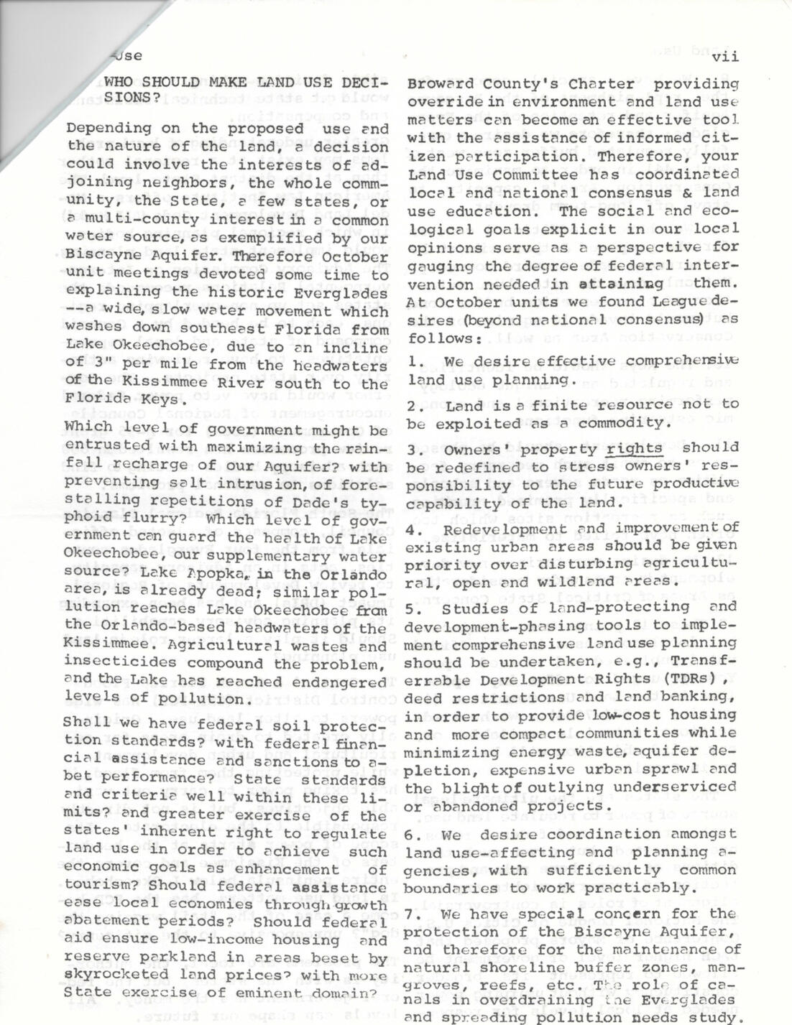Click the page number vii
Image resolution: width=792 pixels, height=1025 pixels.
coord(726,55)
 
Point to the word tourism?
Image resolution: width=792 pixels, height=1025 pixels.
coord(98,884)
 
